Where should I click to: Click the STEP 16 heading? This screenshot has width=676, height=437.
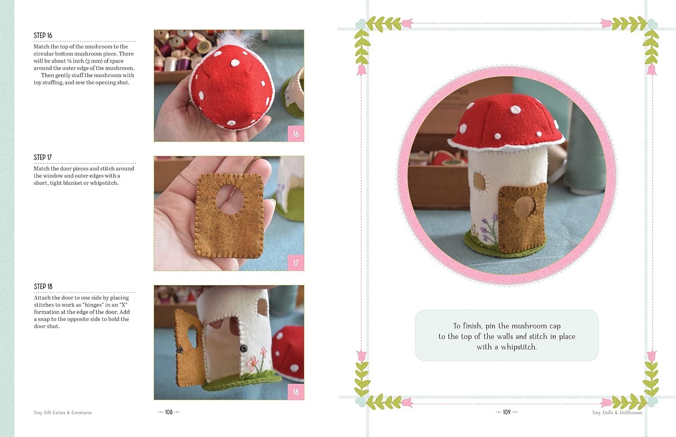[43, 36]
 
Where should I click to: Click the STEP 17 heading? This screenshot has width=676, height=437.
[43, 158]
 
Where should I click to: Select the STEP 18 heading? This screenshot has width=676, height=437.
[43, 287]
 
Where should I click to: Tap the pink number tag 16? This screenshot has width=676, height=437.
[296, 134]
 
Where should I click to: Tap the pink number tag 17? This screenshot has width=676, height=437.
[296, 263]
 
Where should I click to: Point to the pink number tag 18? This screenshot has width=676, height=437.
[296, 392]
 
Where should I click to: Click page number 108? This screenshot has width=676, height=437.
[169, 412]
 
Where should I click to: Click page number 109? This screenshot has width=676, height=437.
[507, 412]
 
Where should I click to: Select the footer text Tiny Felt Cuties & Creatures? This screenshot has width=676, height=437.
[63, 413]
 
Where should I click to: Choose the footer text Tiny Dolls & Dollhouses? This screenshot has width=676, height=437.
[617, 413]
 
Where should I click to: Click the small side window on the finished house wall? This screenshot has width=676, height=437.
[480, 181]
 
